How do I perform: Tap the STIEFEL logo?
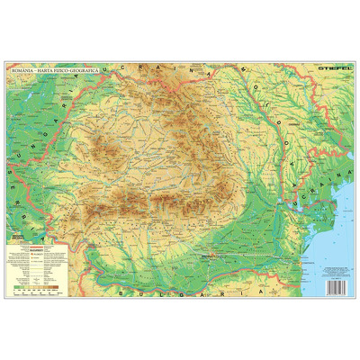pyautogui.click(x=327, y=66)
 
